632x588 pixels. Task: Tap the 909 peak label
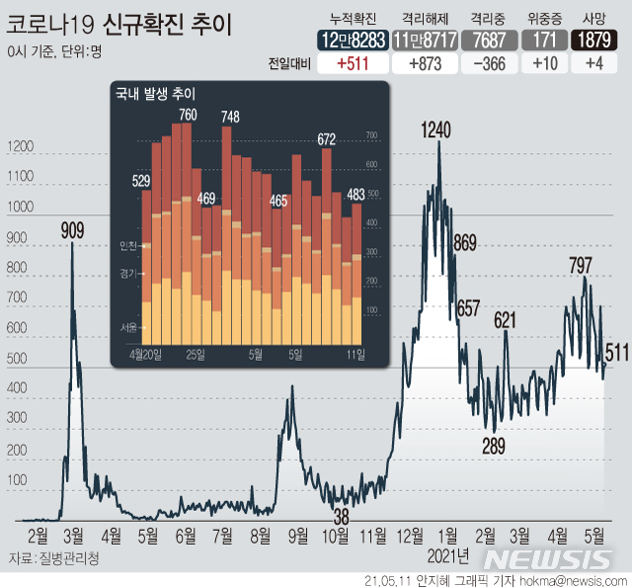click(x=72, y=230)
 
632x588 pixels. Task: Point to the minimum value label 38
click(x=341, y=515)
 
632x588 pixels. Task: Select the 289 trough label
click(x=493, y=445)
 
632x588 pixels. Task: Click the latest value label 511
click(x=617, y=353)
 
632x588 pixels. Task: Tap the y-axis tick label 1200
click(x=20, y=147)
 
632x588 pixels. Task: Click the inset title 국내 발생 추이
click(x=155, y=94)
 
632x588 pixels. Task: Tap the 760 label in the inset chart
click(x=188, y=116)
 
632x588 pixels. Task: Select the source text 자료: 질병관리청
click(x=53, y=558)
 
